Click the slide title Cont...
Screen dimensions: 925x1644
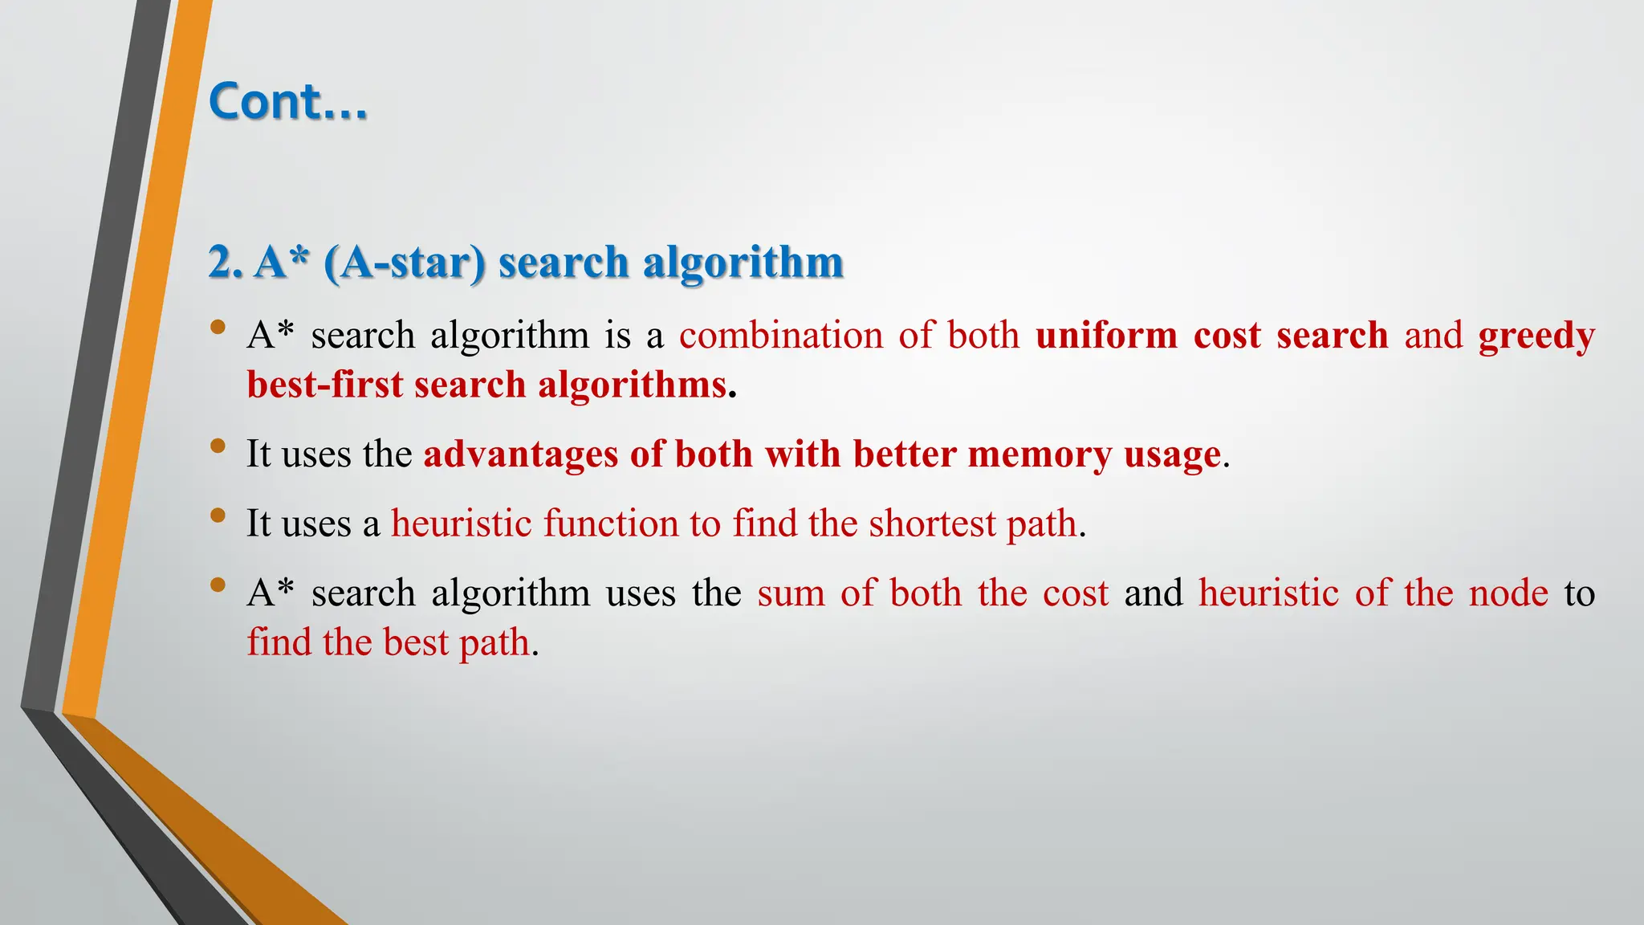pyautogui.click(x=287, y=102)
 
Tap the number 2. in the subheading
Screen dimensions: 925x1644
pyautogui.click(x=225, y=263)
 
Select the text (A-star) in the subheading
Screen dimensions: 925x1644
pyautogui.click(x=405, y=263)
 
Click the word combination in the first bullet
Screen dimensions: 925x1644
pyautogui.click(x=780, y=336)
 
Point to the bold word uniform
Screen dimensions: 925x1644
pyautogui.click(x=1106, y=336)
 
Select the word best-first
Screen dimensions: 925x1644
pyautogui.click(x=325, y=385)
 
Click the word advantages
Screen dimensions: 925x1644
pyautogui.click(x=521, y=455)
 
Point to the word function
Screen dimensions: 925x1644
pyautogui.click(x=611, y=524)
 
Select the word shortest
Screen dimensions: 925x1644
pyautogui.click(x=932, y=524)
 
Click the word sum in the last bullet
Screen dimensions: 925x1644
pyautogui.click(x=791, y=593)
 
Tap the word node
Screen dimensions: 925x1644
pyautogui.click(x=1508, y=593)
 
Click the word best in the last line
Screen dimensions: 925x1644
pyautogui.click(x=416, y=642)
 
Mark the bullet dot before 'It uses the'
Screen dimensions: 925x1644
pyautogui.click(x=218, y=446)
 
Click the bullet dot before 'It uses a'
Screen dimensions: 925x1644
pyautogui.click(x=218, y=515)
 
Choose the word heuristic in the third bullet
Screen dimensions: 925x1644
pyautogui.click(x=462, y=524)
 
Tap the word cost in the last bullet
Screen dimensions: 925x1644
pyautogui.click(x=1076, y=594)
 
